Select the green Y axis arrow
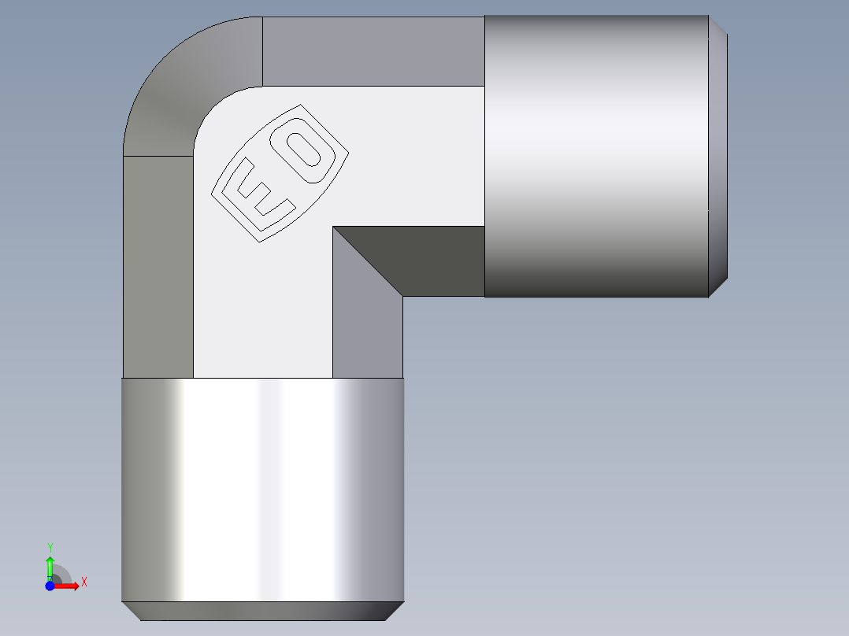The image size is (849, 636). click(x=50, y=565)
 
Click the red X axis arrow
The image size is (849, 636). click(x=68, y=586)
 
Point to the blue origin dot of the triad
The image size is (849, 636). click(x=50, y=586)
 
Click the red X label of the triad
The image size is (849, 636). click(x=83, y=582)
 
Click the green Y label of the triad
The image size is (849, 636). click(x=50, y=547)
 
